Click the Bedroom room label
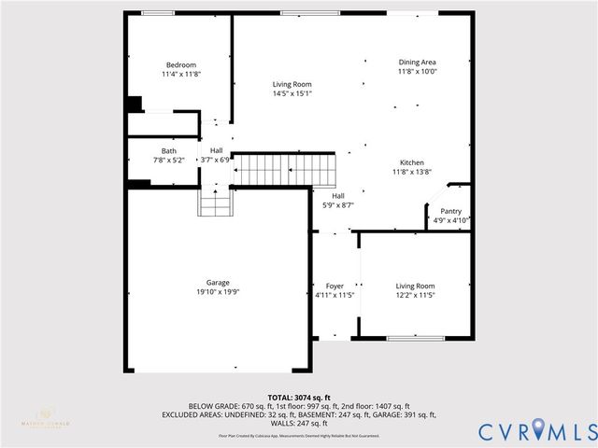(x=180, y=64)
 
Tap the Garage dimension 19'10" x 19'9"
(x=218, y=292)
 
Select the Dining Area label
(x=417, y=62)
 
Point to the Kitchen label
(x=412, y=161)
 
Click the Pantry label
(x=451, y=211)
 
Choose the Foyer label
(x=335, y=286)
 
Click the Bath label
(x=168, y=150)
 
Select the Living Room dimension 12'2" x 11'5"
(x=415, y=295)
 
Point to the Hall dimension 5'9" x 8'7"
(x=337, y=204)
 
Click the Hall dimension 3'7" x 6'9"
(x=215, y=160)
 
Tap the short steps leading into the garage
(x=215, y=202)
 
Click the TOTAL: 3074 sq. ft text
(x=299, y=398)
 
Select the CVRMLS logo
(x=537, y=430)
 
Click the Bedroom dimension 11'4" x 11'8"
(x=180, y=74)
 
